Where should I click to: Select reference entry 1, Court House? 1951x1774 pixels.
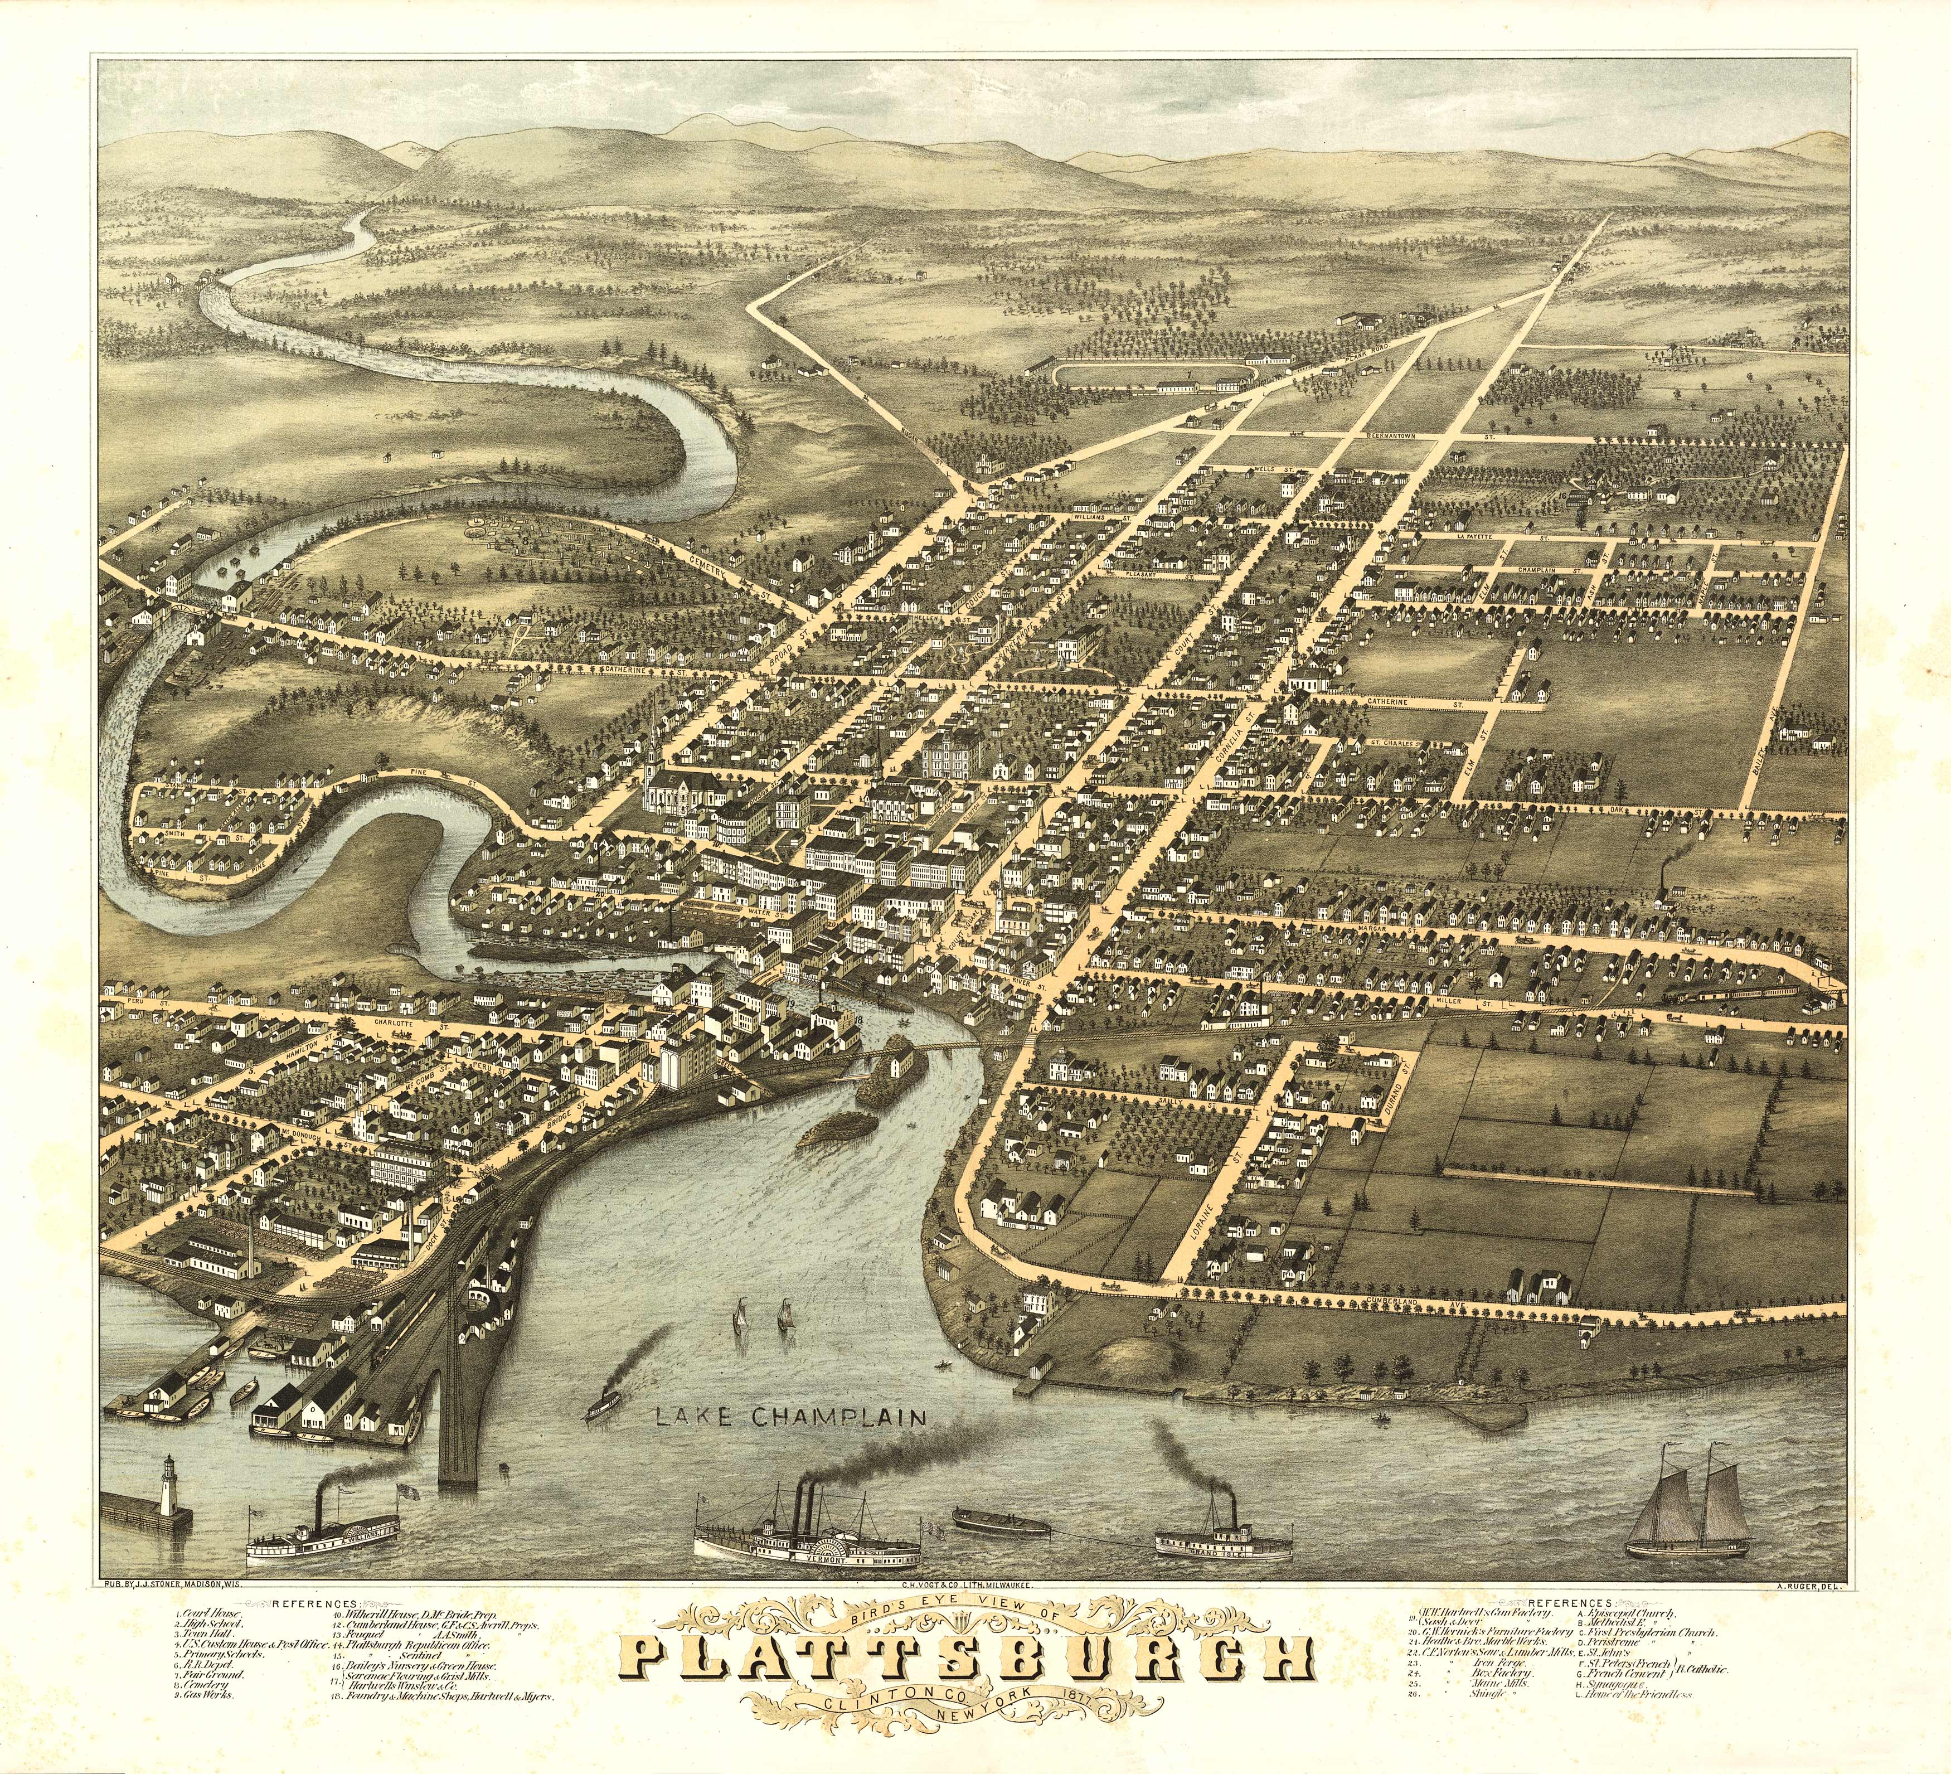coord(209,1613)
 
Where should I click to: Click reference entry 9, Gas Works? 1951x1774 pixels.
coord(205,1722)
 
